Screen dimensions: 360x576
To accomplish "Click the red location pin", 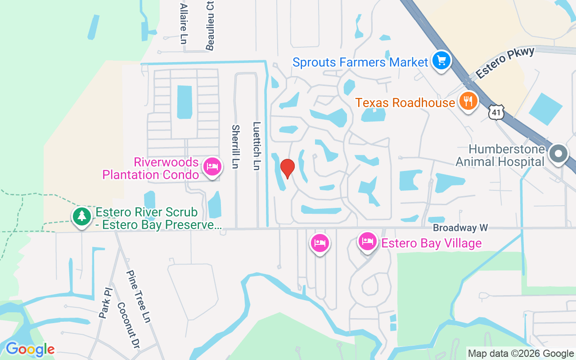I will click(x=287, y=168).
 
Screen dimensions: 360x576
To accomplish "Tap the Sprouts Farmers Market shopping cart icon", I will click(x=441, y=60).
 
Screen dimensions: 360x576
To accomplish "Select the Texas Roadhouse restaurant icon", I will click(x=468, y=101).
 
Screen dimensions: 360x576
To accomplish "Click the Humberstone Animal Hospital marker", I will click(x=558, y=154).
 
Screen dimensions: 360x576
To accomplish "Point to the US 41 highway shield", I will click(x=496, y=112).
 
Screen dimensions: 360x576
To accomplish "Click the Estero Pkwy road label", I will click(x=505, y=63).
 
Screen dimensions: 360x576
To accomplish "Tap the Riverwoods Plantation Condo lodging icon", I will click(x=211, y=167).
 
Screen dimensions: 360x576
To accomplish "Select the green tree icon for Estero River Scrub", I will click(x=81, y=216).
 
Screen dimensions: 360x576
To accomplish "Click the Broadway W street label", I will click(x=454, y=228).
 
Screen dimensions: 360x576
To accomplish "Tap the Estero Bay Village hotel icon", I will click(x=367, y=242).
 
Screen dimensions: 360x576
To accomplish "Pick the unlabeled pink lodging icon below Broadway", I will click(x=319, y=243).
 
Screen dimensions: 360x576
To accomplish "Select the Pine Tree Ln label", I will click(x=138, y=296).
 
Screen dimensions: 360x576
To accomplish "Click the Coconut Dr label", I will click(x=128, y=325).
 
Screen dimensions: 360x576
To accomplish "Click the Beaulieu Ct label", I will click(x=210, y=25).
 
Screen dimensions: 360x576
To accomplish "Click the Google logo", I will click(x=30, y=349).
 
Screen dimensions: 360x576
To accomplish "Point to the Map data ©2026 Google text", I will click(x=521, y=353).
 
